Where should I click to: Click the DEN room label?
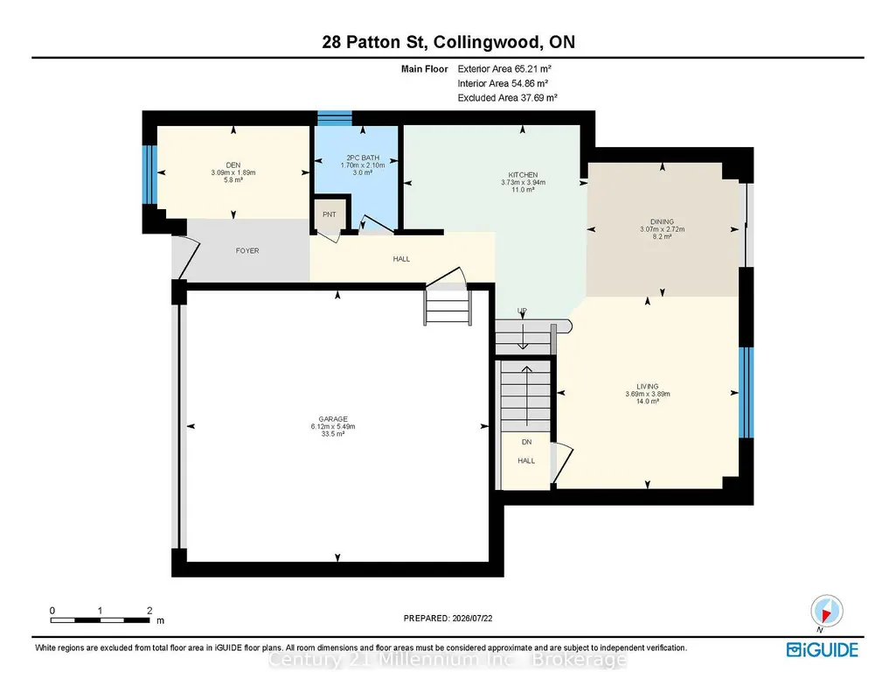[233, 165]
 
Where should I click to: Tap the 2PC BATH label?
[363, 157]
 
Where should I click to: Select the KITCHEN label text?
[523, 175]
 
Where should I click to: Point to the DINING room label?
[663, 222]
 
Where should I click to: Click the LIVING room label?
[648, 387]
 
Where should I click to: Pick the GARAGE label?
[333, 419]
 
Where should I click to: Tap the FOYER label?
[247, 250]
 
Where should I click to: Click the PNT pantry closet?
[330, 214]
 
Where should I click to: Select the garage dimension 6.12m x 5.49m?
[333, 426]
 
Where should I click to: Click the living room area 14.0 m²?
[648, 402]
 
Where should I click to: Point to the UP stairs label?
[522, 311]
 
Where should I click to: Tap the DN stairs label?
[527, 442]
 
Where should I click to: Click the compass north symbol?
[826, 612]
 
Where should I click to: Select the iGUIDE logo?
[823, 650]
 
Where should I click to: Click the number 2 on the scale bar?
[149, 611]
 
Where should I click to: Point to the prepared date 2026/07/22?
[472, 618]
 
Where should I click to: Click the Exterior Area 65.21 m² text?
[504, 68]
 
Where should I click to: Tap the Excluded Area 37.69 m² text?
[507, 98]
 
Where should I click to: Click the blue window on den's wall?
[149, 174]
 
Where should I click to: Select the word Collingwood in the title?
[486, 42]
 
